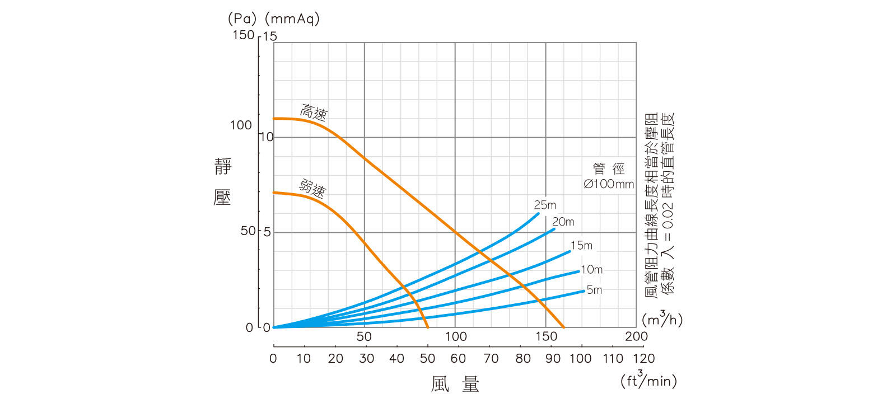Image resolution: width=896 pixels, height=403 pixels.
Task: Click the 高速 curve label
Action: tap(314, 113)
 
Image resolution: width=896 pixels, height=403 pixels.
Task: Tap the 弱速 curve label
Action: tap(312, 188)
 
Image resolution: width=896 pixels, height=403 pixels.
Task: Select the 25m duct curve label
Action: tap(545, 205)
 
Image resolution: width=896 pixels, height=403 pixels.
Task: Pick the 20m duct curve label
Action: tap(563, 222)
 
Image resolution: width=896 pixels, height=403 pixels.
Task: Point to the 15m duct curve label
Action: tap(581, 246)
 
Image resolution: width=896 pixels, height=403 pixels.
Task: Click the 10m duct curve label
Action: tap(591, 270)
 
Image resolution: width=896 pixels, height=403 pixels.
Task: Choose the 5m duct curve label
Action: tap(594, 290)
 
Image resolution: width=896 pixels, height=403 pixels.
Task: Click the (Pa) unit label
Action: tap(242, 18)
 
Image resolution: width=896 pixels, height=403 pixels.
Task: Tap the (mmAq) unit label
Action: tap(292, 18)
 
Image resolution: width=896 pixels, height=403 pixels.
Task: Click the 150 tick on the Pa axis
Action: tap(243, 35)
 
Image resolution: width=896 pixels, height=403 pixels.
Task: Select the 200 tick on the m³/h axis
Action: tap(636, 336)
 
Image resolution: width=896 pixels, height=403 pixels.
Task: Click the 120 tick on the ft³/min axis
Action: tap(644, 359)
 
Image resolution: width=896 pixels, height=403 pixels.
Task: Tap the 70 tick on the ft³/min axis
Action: tap(491, 359)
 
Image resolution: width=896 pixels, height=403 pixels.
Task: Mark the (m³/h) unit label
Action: tap(662, 319)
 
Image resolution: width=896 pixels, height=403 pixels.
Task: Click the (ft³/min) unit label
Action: tap(648, 381)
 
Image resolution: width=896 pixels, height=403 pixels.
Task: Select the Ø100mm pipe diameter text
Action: tap(609, 184)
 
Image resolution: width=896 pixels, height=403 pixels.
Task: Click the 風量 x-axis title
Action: tap(455, 384)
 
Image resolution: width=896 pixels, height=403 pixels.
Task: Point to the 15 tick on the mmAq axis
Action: tap(270, 36)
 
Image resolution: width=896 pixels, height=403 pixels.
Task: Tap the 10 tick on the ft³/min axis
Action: tap(304, 359)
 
